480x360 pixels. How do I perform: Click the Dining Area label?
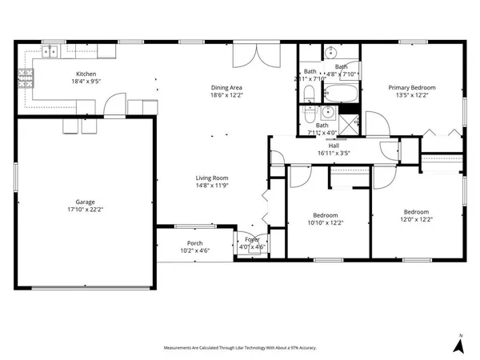[x=226, y=87]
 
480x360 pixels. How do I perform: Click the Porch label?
[x=194, y=243]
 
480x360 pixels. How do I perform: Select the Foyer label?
[x=252, y=239]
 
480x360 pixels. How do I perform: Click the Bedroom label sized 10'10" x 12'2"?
[x=326, y=215]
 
